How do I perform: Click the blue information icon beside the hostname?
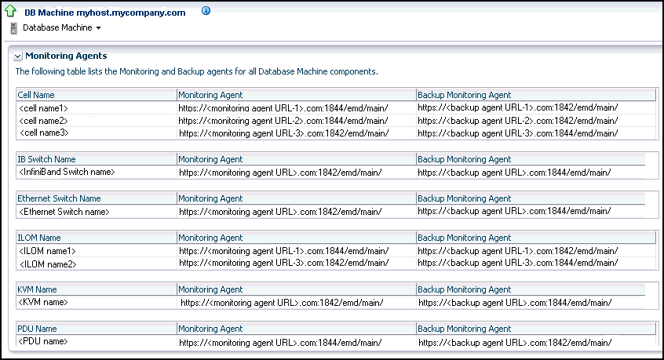tap(206, 12)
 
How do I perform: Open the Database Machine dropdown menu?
tap(62, 28)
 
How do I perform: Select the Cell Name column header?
tap(36, 95)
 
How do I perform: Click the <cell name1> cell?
tap(43, 107)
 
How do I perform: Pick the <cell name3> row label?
tap(43, 133)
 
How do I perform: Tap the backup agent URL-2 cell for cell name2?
tap(517, 121)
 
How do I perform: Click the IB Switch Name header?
tap(47, 159)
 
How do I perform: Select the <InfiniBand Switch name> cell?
tap(67, 172)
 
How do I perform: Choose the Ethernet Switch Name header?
tap(60, 198)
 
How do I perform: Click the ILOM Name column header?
tap(39, 238)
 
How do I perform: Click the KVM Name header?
tap(37, 289)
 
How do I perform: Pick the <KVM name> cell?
tap(43, 302)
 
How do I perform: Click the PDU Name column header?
tap(37, 329)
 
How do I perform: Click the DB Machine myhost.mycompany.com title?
tap(105, 13)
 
